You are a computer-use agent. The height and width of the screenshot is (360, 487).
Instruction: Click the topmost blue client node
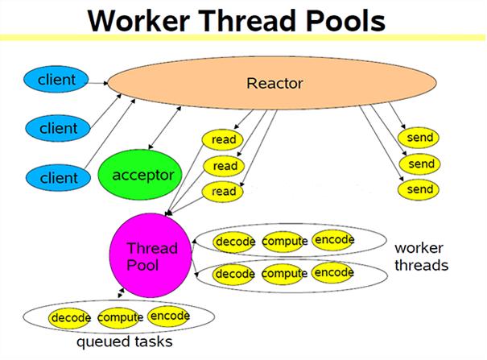(x=57, y=80)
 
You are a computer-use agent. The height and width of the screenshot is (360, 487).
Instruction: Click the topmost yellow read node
(x=225, y=140)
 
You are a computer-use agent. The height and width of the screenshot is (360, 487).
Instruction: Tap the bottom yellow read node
(x=225, y=192)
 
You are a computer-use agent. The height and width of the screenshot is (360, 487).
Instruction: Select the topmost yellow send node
(x=421, y=138)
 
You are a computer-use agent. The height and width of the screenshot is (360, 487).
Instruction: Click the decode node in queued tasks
(x=71, y=318)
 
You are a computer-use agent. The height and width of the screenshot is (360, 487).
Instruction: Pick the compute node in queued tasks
(x=120, y=318)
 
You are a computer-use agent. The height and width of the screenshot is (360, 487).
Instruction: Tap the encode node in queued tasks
(x=169, y=316)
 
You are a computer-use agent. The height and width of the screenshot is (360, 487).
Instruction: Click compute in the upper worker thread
(x=284, y=242)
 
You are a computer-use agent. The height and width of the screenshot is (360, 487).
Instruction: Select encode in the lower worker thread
(x=333, y=273)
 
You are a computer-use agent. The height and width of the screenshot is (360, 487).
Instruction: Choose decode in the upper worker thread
(x=235, y=242)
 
